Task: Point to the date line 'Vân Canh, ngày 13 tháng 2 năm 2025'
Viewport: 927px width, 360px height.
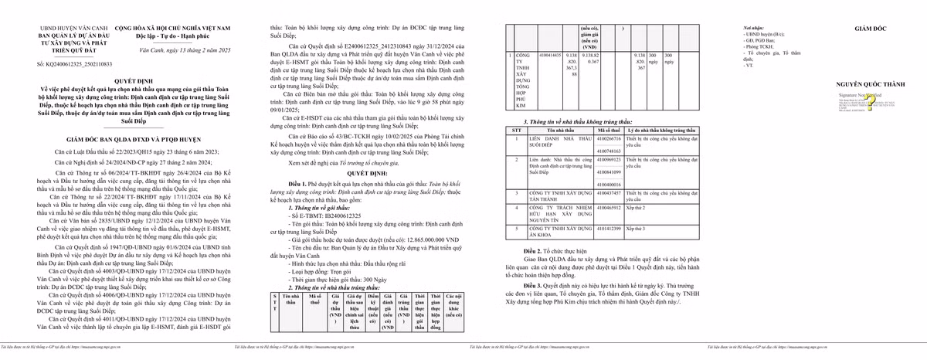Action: pyautogui.click(x=185, y=50)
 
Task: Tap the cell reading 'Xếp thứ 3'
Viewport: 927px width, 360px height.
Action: pyautogui.click(x=637, y=229)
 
